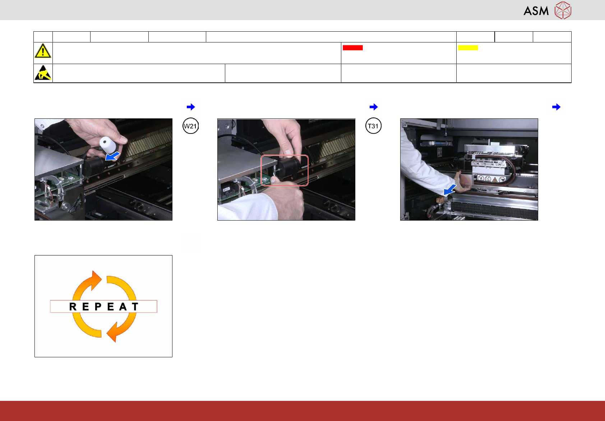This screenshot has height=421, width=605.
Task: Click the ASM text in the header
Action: [536, 11]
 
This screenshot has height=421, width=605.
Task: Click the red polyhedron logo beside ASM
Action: [563, 10]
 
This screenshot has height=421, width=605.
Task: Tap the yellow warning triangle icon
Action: [43, 51]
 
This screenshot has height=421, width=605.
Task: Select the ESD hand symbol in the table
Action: [43, 73]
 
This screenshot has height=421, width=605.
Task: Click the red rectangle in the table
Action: [352, 47]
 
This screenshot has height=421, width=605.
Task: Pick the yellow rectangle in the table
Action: [468, 47]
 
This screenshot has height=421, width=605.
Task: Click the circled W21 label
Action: [190, 126]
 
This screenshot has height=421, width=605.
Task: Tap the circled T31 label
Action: [373, 126]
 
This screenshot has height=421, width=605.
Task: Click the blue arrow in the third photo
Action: [450, 190]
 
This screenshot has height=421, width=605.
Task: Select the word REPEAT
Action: [104, 307]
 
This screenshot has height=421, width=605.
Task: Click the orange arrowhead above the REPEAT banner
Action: [95, 280]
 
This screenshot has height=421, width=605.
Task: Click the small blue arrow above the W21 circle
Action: [191, 107]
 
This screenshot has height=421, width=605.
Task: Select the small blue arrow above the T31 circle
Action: [374, 107]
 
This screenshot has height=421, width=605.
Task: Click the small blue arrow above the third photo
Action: [556, 107]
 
